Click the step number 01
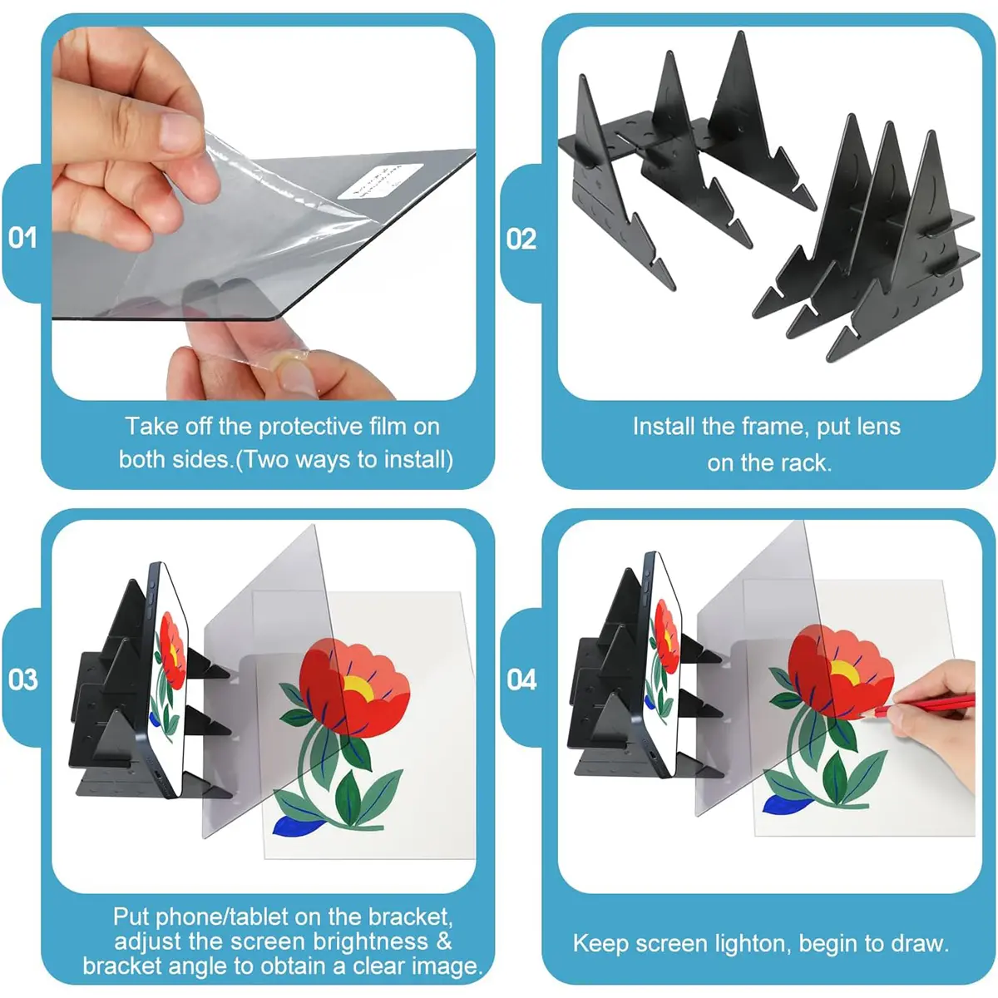pos(22,238)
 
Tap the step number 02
pos(521,240)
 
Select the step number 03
pos(23,679)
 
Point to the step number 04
pos(521,679)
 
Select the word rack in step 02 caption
pos(804,463)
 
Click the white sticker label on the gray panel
pos(380,180)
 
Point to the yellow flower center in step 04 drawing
pos(845,672)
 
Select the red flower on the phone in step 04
pos(666,635)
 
